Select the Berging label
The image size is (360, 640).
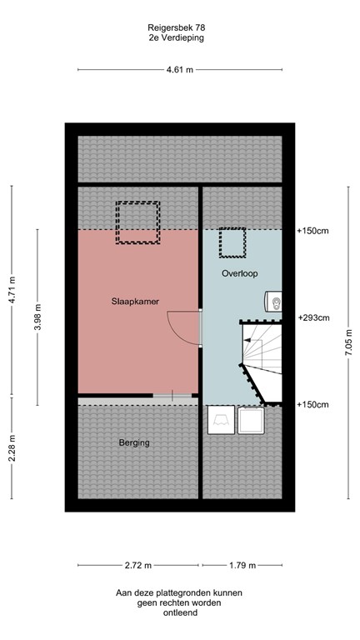pyautogui.click(x=133, y=442)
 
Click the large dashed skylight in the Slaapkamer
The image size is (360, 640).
pyautogui.click(x=137, y=222)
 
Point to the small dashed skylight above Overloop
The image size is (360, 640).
pyautogui.click(x=232, y=243)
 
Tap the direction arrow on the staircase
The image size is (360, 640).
pyautogui.click(x=248, y=341)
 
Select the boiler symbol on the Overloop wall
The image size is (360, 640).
pyautogui.click(x=275, y=302)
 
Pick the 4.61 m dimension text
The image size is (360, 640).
pyautogui.click(x=179, y=70)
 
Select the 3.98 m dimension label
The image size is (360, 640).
pyautogui.click(x=37, y=317)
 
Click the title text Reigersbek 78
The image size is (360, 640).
pyautogui.click(x=180, y=27)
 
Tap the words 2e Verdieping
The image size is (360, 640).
pyautogui.click(x=180, y=37)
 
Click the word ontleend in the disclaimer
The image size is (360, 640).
pyautogui.click(x=180, y=612)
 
